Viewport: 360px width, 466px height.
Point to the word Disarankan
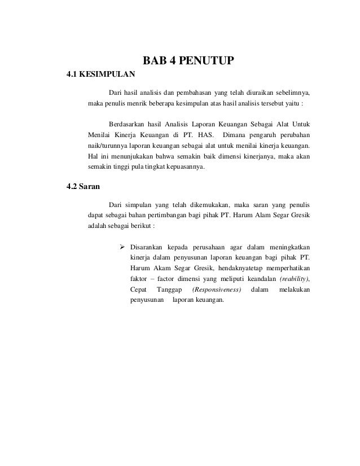click(148, 247)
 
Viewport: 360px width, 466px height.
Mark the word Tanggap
click(166, 289)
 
